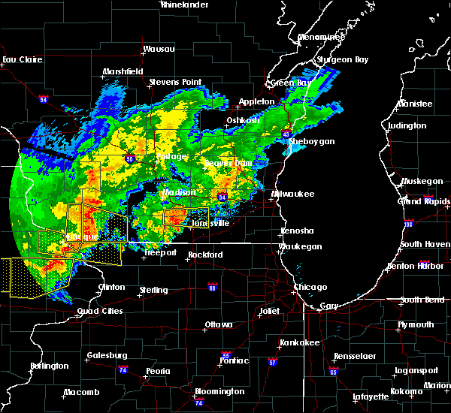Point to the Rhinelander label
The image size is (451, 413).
coord(185,5)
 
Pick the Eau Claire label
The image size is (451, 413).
coord(20,59)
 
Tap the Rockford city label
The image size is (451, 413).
coord(205,255)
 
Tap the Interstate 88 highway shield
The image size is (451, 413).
coord(213,286)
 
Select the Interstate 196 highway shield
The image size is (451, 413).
coord(430,223)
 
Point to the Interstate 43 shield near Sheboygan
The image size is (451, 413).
coord(286,134)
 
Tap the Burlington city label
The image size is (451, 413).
coord(49,366)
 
